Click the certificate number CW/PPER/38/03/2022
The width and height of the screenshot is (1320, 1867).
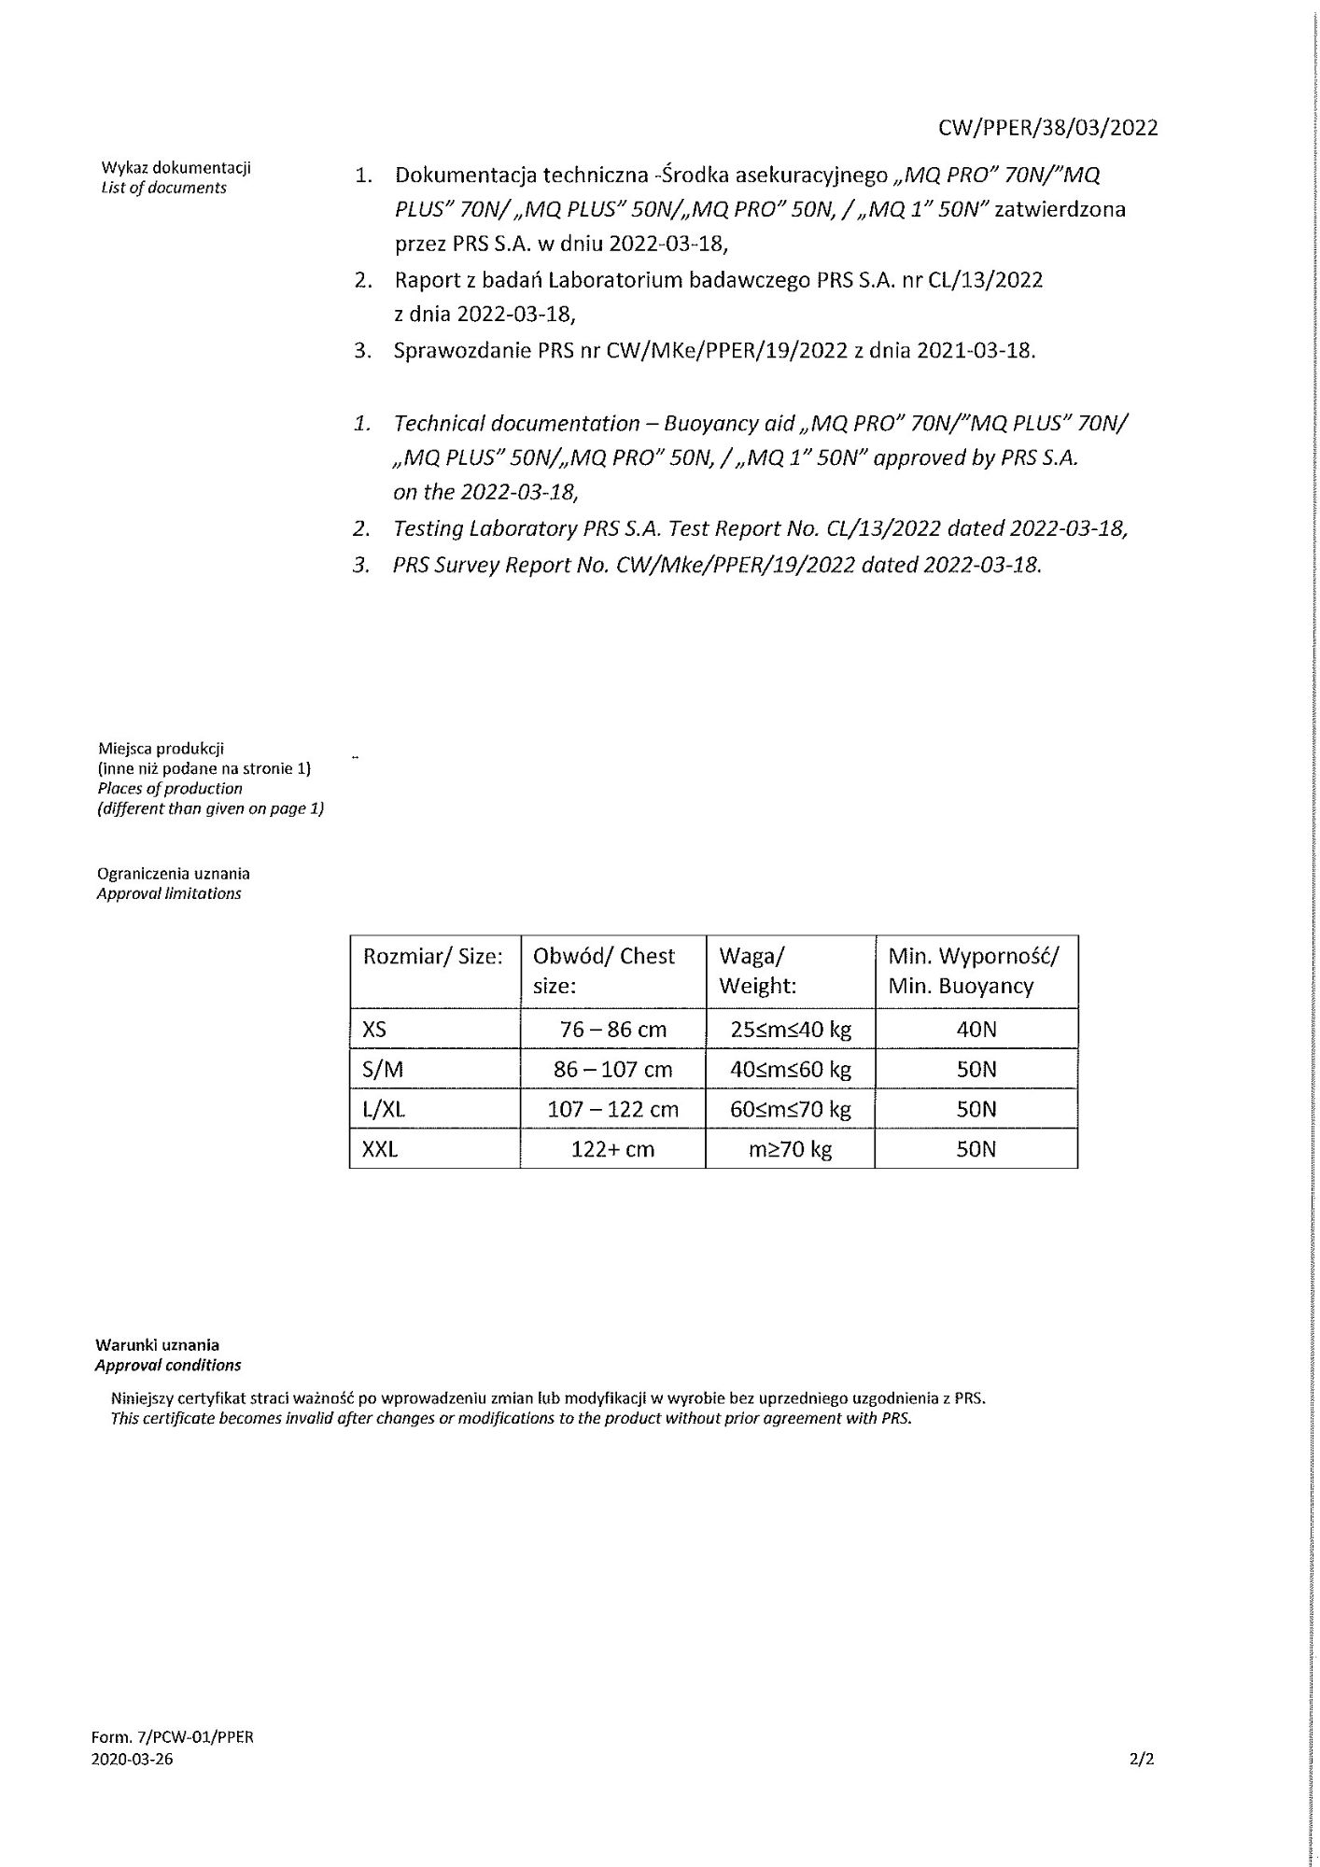(1048, 128)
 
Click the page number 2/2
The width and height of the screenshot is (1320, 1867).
(1142, 1760)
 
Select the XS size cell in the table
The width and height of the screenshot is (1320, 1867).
(374, 1030)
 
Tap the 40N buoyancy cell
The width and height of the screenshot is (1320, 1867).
(976, 1030)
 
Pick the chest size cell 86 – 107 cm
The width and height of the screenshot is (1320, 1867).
(612, 1070)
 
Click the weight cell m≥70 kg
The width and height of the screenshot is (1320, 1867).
(790, 1149)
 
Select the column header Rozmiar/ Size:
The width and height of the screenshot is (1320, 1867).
(433, 956)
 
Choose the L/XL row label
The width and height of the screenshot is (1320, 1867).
(384, 1109)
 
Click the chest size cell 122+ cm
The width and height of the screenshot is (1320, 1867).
(612, 1149)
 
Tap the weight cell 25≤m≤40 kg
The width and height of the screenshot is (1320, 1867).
(790, 1030)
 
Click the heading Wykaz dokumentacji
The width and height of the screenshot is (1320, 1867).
(176, 168)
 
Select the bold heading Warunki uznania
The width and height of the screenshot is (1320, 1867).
(157, 1345)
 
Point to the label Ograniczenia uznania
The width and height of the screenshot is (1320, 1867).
(174, 874)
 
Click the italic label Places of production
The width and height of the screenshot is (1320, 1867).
(170, 788)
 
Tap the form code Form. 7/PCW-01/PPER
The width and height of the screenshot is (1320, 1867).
(173, 1737)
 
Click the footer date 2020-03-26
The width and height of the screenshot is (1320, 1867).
(132, 1760)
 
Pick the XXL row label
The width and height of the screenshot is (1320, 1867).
(380, 1149)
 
